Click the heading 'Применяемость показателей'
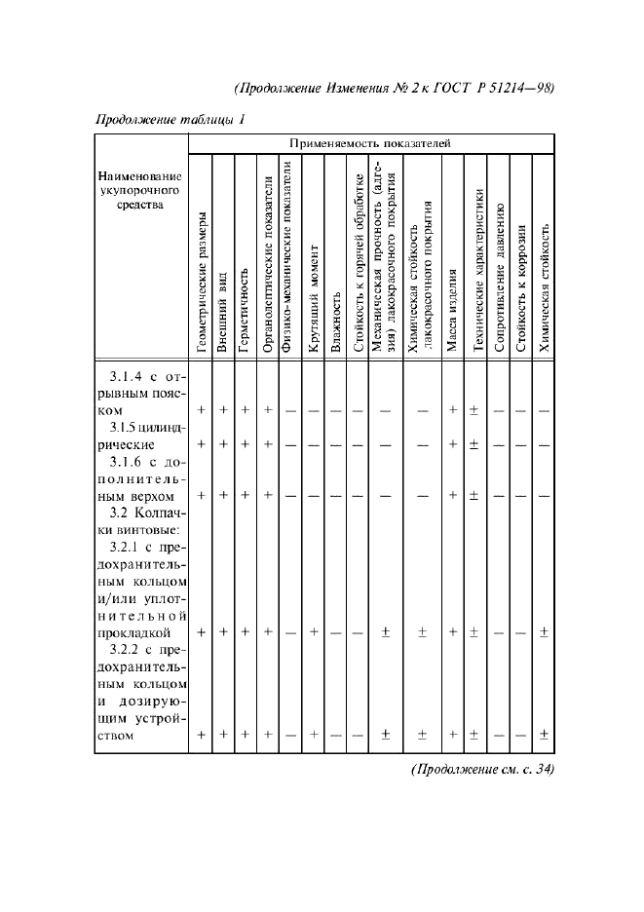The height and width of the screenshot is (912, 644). coord(370,142)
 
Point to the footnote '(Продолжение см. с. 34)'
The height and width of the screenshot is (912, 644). coord(483,769)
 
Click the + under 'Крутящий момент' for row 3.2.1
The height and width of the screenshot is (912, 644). coord(314,632)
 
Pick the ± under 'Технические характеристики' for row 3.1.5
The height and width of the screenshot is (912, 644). coord(474,444)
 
